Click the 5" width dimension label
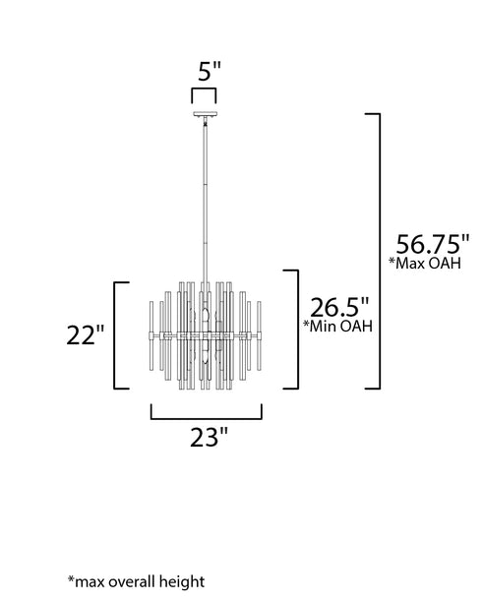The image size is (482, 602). pyautogui.click(x=210, y=71)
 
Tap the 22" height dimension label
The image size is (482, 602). pyautogui.click(x=86, y=334)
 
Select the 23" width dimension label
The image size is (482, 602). pyautogui.click(x=209, y=438)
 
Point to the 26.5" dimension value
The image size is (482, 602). pyautogui.click(x=339, y=307)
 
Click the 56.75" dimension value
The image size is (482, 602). pyautogui.click(x=433, y=244)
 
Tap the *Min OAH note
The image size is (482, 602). pyautogui.click(x=338, y=326)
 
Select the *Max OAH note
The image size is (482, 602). pyautogui.click(x=425, y=263)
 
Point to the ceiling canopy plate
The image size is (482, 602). pyautogui.click(x=205, y=114)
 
